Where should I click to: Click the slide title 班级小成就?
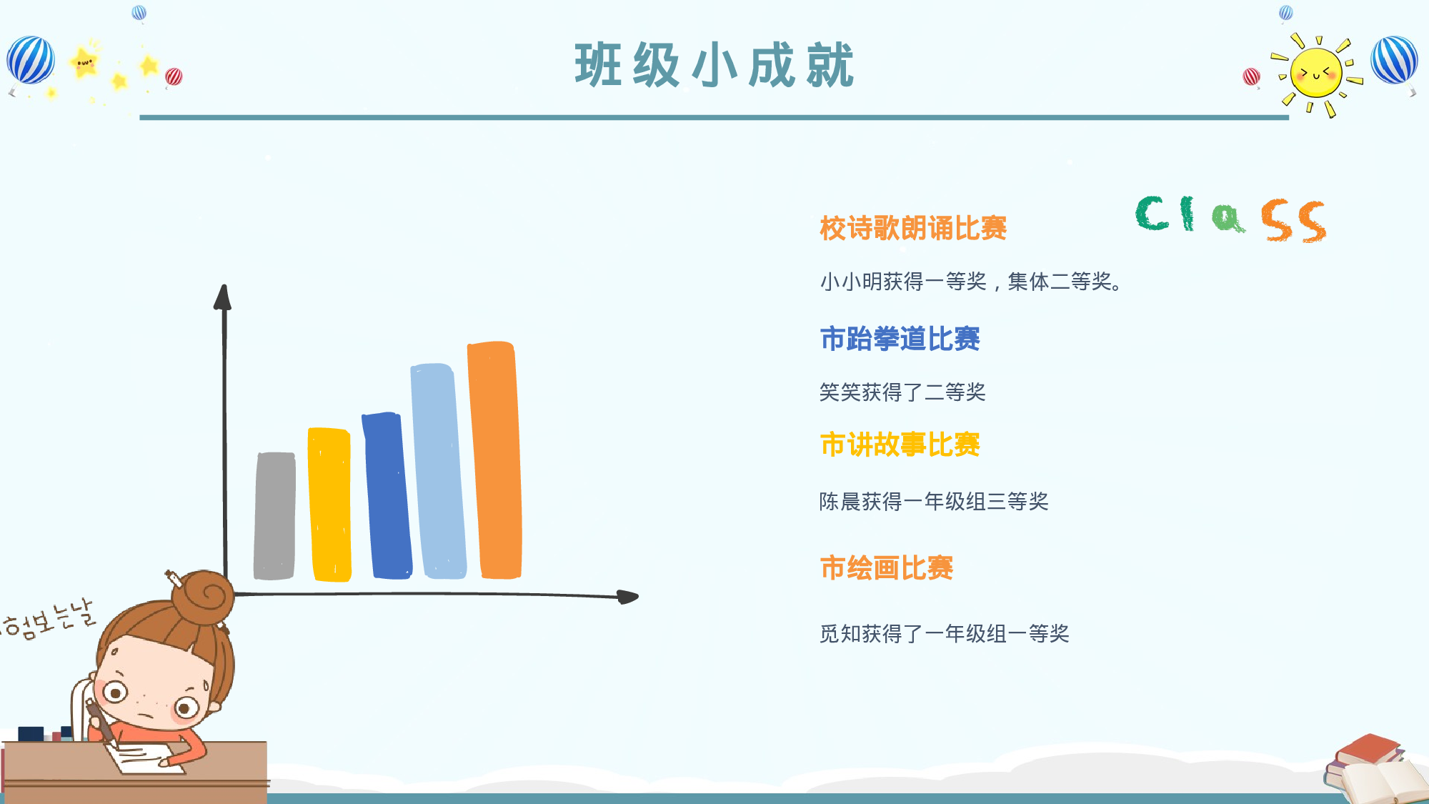click(x=714, y=65)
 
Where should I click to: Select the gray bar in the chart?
click(x=274, y=515)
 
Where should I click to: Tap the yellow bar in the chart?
click(x=329, y=505)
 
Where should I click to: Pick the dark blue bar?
click(x=387, y=495)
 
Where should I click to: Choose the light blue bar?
click(x=438, y=471)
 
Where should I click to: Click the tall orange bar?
click(x=494, y=460)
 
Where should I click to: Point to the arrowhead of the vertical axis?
click(x=223, y=297)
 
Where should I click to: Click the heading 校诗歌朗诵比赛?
click(x=913, y=229)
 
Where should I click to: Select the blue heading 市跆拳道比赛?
click(x=900, y=339)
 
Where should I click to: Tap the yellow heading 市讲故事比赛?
click(x=900, y=445)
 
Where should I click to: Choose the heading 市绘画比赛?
click(x=886, y=568)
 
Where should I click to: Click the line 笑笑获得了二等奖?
click(x=902, y=392)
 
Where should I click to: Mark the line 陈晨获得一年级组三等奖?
click(x=934, y=501)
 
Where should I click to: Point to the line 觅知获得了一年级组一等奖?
click(x=944, y=633)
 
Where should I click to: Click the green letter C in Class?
click(x=1152, y=213)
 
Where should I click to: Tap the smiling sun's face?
click(x=1316, y=72)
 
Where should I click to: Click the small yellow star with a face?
click(x=84, y=61)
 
